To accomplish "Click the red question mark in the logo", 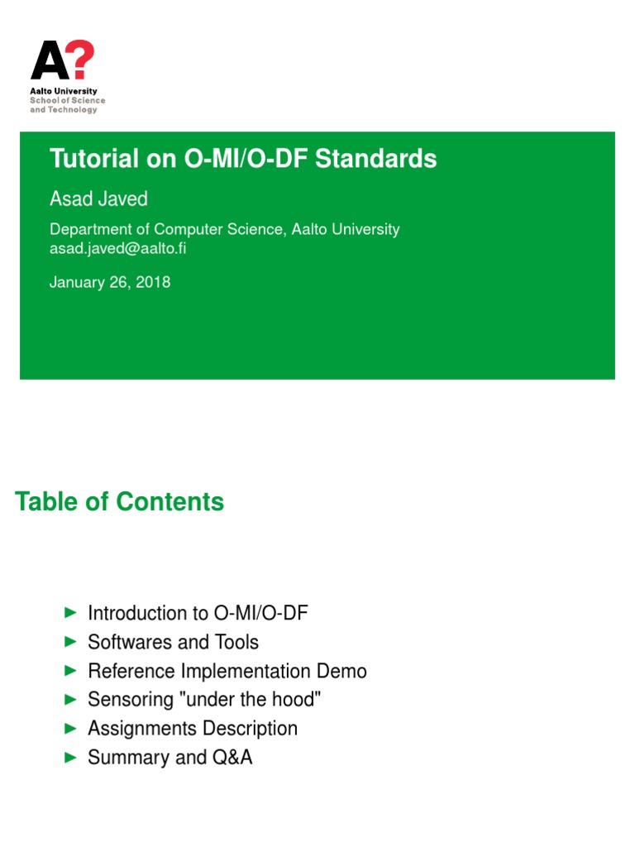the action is (x=83, y=59).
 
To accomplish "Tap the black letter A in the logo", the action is (x=50, y=60).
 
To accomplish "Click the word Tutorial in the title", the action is (x=94, y=159).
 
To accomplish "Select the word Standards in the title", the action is (x=376, y=159).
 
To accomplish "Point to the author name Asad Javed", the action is (x=99, y=199).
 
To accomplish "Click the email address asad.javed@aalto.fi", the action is (x=117, y=248).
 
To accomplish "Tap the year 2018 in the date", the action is (x=153, y=282).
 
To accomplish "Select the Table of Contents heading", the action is (x=119, y=501).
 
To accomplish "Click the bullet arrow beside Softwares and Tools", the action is (x=71, y=642).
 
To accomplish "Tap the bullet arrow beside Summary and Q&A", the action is (x=71, y=758).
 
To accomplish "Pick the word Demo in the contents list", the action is (x=341, y=671).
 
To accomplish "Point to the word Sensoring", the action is (x=131, y=700).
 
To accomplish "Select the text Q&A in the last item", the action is (x=232, y=758).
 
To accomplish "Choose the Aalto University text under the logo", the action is (x=64, y=91).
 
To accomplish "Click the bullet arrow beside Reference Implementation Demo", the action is (x=71, y=671).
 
